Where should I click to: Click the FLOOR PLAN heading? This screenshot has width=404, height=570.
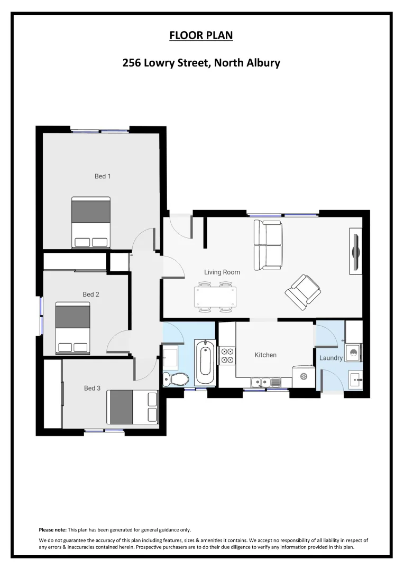(x=201, y=36)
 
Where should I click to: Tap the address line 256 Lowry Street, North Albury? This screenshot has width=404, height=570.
(x=201, y=63)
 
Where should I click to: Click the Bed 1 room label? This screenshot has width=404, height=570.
(x=103, y=176)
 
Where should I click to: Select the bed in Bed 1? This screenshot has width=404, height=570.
(x=91, y=222)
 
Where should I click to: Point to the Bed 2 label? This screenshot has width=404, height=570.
(x=91, y=294)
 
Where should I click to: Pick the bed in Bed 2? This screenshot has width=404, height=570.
(x=72, y=328)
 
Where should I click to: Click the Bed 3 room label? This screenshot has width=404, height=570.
(x=92, y=388)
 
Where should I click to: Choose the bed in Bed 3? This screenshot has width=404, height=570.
(x=132, y=407)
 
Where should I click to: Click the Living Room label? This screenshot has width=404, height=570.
(x=222, y=272)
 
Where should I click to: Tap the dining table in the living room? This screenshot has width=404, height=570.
(x=216, y=297)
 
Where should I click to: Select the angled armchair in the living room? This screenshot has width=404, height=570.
(x=302, y=291)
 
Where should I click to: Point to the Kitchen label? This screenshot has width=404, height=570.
(x=265, y=355)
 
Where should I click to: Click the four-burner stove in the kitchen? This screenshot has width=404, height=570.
(x=227, y=355)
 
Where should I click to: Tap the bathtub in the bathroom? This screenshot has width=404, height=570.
(x=205, y=364)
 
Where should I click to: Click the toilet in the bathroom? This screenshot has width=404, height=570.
(x=176, y=378)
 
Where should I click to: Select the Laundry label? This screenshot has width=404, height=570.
(x=331, y=358)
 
